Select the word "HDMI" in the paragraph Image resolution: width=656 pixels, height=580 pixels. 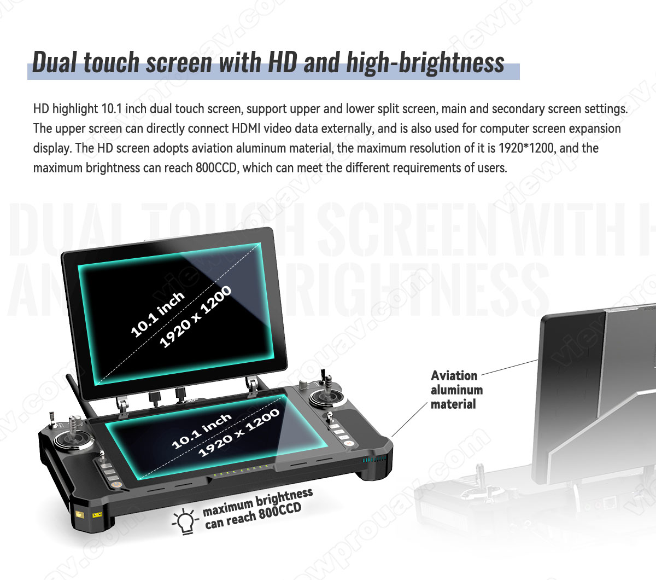246,129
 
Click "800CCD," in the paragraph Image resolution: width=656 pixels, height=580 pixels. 218,168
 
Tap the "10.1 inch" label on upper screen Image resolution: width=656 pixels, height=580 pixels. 157,315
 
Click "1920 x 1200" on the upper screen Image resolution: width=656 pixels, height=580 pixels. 196,317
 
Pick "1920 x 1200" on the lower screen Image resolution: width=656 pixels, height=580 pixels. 239,433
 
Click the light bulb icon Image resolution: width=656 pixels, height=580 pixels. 184,521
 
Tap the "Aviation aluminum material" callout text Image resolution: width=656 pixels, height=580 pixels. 456,390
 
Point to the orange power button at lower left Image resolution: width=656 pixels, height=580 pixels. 116,485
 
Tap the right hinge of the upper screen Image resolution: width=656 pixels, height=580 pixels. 252,385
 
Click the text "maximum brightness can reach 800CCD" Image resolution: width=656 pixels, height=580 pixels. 257,509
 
